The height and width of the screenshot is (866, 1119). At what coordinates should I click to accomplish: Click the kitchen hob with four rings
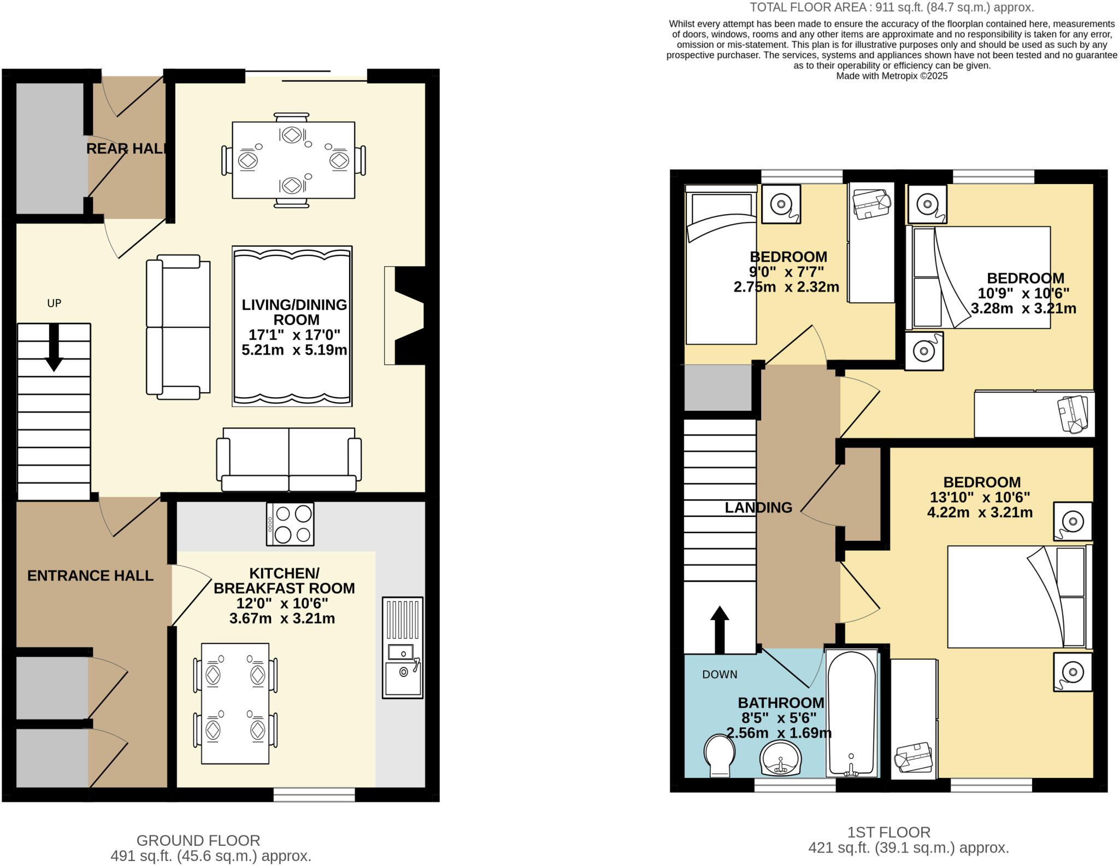(x=290, y=524)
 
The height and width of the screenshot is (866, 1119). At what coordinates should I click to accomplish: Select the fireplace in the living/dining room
(x=407, y=315)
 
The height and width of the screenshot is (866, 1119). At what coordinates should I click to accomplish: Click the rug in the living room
(x=292, y=326)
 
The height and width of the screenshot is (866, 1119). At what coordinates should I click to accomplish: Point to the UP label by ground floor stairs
(x=54, y=303)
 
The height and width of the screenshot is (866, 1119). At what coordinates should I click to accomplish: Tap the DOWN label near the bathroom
(x=720, y=675)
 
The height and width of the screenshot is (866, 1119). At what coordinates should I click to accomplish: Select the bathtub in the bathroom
(x=851, y=713)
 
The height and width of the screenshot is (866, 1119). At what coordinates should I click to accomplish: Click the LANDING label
(x=758, y=508)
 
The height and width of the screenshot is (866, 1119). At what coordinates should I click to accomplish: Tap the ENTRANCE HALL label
(x=90, y=575)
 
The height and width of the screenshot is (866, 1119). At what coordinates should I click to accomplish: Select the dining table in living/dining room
(x=293, y=160)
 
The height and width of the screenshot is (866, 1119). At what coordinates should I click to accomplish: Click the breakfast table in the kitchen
(x=235, y=703)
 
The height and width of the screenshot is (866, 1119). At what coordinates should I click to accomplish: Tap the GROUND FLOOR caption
(x=198, y=840)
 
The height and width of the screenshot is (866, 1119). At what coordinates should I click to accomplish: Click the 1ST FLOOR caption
(x=888, y=832)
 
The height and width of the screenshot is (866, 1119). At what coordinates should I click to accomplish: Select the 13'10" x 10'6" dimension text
(x=980, y=498)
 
